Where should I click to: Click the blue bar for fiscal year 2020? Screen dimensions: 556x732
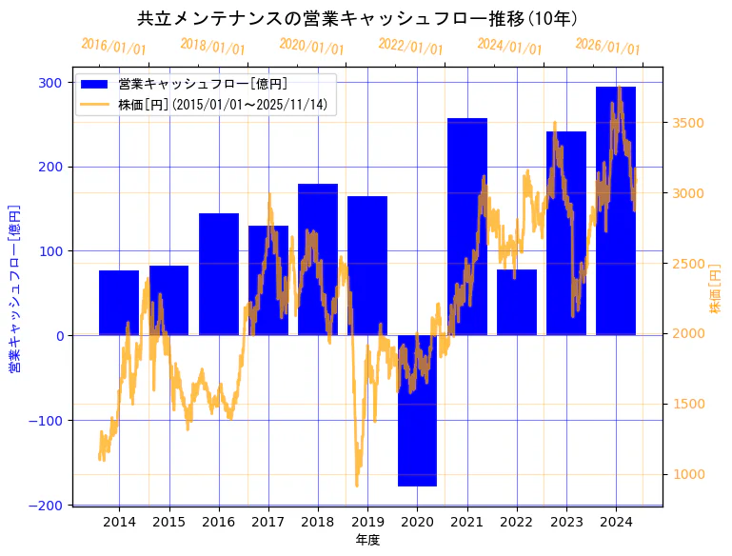417,410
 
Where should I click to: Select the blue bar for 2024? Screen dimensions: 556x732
616,210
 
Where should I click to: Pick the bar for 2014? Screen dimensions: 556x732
119,303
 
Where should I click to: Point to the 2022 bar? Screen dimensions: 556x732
517,302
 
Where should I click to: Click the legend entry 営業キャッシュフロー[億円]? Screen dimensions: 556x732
202,84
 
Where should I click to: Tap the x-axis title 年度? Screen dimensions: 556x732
367,540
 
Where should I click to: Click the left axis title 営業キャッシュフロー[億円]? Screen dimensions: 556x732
14,288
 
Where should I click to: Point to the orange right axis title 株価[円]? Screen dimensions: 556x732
715,288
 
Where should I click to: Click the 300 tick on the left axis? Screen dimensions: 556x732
51,83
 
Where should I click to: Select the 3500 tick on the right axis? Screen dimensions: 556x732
688,123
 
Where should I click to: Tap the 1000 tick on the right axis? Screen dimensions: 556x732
688,474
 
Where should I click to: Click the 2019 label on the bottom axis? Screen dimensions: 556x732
367,522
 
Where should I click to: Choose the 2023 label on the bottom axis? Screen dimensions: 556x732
566,522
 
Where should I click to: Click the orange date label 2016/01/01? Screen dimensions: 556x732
113,46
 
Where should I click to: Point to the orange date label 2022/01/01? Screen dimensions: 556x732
410,46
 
